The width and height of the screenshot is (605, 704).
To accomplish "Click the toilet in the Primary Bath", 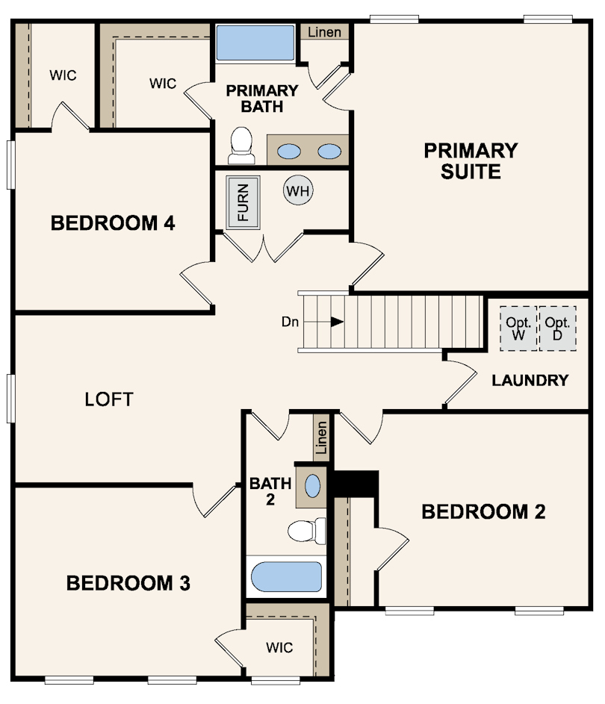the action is (242, 146).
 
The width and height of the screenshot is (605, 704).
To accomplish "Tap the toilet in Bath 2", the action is (307, 531).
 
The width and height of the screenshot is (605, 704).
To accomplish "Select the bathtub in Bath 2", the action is (286, 576).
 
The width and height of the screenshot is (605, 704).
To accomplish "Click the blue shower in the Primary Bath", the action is (255, 43).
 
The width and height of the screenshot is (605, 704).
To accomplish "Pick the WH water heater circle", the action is (298, 190).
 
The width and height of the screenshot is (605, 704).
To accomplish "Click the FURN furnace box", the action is (243, 202).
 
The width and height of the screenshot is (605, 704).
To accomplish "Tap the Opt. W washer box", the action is (518, 328).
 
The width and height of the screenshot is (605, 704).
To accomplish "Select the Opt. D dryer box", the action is (557, 328).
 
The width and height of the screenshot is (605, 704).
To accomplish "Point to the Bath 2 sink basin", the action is (313, 486).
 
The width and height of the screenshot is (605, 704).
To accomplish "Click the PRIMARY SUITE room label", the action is (471, 161).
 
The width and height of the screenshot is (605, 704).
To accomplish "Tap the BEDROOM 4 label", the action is (113, 223).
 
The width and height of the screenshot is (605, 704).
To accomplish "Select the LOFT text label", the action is (109, 399).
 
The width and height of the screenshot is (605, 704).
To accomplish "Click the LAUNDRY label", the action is (530, 380).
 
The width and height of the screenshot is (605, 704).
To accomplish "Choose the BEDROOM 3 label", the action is (128, 583).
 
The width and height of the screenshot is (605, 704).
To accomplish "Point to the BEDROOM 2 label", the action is (484, 512).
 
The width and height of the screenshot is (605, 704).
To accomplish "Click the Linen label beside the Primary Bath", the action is (324, 32).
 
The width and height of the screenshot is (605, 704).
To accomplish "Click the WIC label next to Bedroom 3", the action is (279, 647).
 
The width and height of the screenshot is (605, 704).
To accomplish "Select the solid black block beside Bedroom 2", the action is (355, 484).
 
